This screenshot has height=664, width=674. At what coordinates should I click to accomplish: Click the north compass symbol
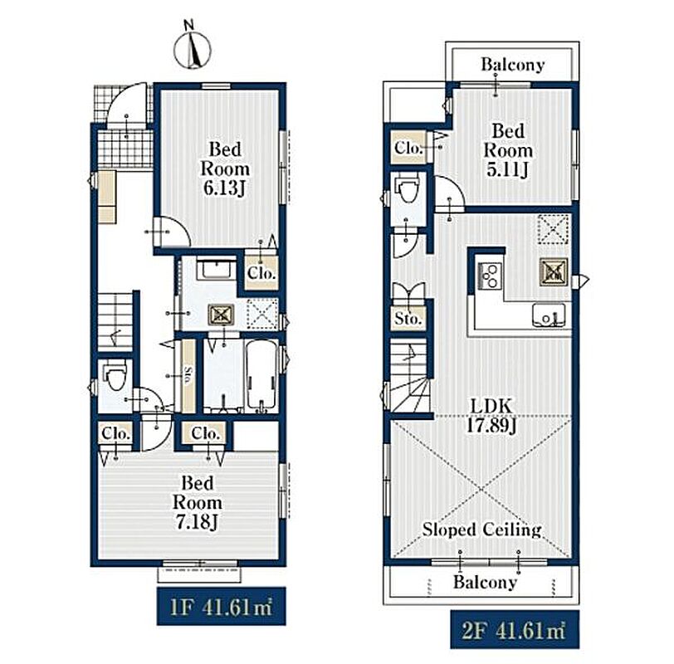pos(192,47)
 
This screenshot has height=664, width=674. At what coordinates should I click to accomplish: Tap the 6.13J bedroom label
pos(225,168)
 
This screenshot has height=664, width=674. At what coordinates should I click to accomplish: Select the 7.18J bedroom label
pos(198,502)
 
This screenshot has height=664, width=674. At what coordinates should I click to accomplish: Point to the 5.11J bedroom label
pos(508,150)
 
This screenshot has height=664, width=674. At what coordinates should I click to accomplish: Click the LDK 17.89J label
pos(491,416)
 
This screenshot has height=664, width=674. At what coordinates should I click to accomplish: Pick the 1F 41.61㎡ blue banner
pos(221,606)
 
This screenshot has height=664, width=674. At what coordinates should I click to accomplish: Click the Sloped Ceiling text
pos(481,530)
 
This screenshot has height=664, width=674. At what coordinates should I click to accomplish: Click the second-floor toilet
pos(408,188)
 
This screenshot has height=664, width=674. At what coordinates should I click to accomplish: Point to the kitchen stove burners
pos(490,276)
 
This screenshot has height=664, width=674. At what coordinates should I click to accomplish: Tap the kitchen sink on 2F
pos(549,316)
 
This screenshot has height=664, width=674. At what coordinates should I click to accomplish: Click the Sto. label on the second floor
pos(408,319)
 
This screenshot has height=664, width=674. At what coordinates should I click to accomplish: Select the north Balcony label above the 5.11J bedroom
pos(513,65)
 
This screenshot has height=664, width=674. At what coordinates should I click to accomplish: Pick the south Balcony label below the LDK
pos(486,582)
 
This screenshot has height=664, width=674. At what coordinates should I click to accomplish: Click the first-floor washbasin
pos(216,269)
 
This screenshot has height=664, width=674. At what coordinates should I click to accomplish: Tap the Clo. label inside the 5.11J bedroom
pos(408,148)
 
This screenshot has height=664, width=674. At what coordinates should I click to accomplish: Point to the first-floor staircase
pos(115,320)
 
